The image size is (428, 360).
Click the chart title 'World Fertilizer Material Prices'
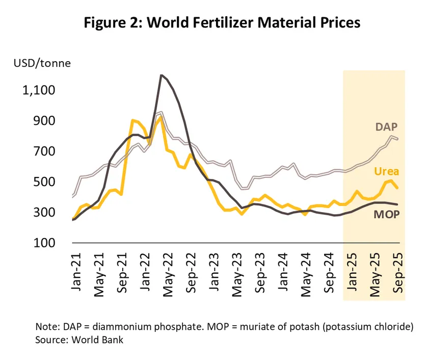click(x=214, y=23)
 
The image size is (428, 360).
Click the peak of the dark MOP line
click(x=162, y=75)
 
